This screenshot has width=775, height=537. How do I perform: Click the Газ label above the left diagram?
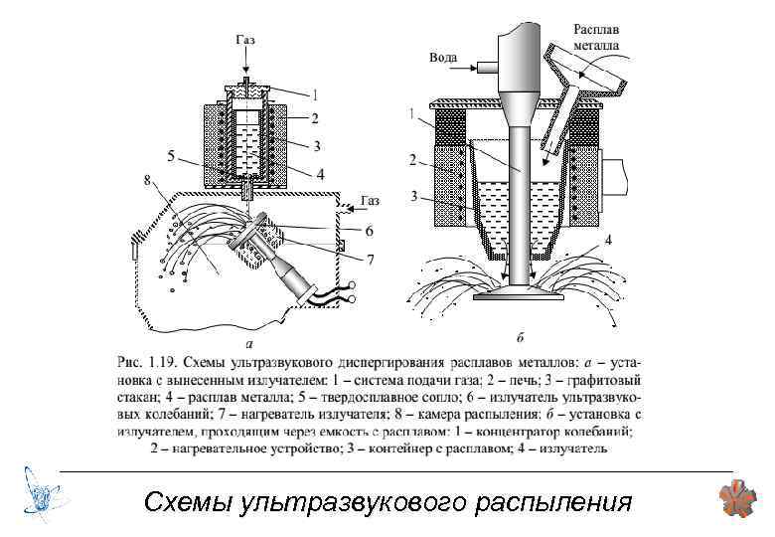pyautogui.click(x=244, y=41)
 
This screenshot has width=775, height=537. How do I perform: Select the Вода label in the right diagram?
pyautogui.click(x=442, y=58)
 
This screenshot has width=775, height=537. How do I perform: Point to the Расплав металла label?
pyautogui.click(x=597, y=39)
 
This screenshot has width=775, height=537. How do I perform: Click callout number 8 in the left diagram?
pyautogui.click(x=147, y=180)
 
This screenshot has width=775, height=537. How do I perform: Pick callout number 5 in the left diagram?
pyautogui.click(x=172, y=155)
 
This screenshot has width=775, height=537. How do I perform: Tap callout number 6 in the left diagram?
pyautogui.click(x=368, y=232)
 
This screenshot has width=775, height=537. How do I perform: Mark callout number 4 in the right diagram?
pyautogui.click(x=608, y=240)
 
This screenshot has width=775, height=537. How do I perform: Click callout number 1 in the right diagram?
pyautogui.click(x=411, y=114)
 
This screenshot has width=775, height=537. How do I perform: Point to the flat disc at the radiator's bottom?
pyautogui.click(x=521, y=295)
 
